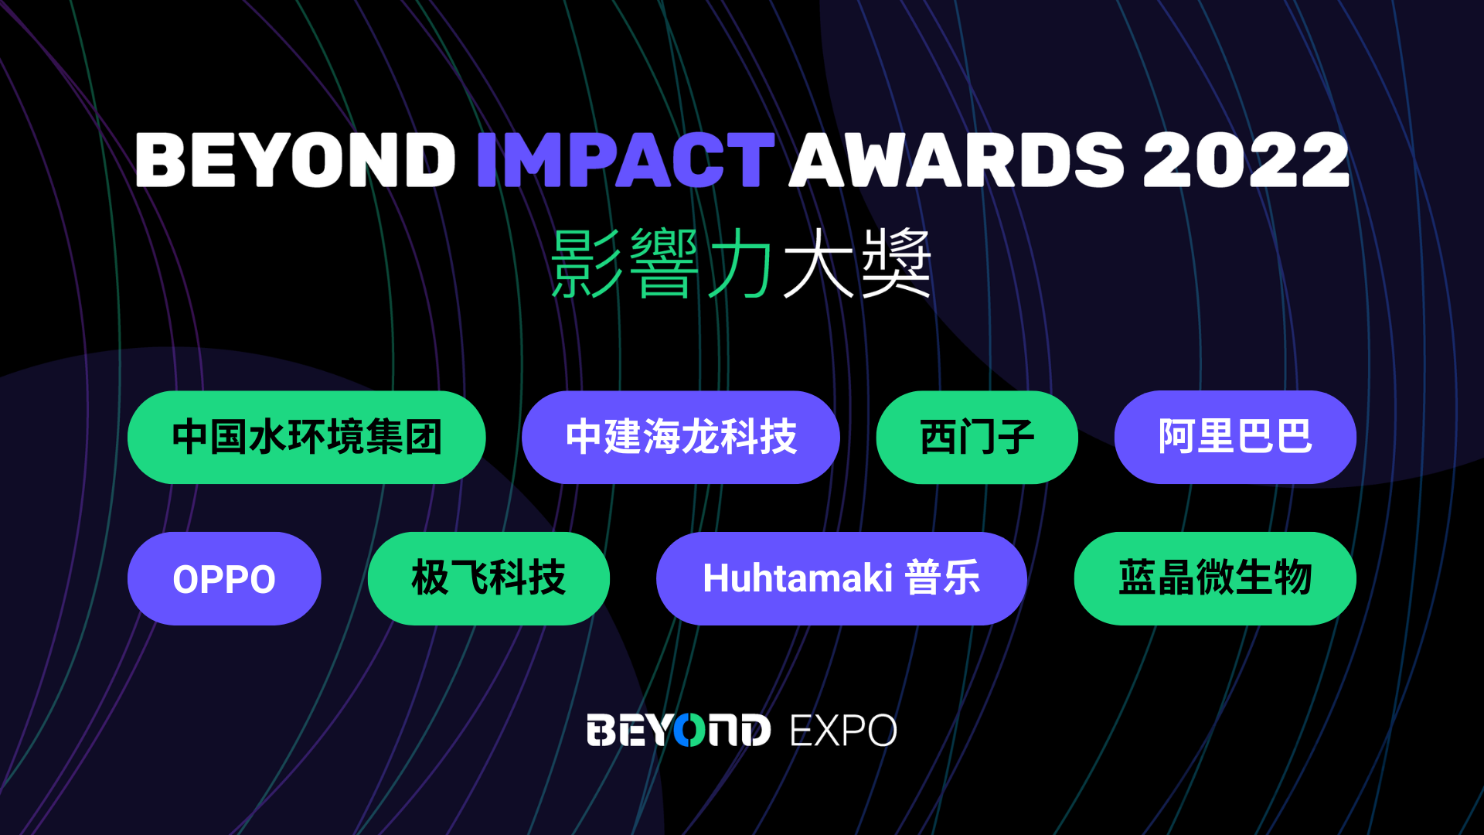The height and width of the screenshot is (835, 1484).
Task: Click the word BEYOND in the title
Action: click(x=295, y=160)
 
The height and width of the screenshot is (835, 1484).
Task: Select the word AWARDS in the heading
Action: click(x=956, y=160)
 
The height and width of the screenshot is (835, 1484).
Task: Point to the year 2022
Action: click(x=1246, y=160)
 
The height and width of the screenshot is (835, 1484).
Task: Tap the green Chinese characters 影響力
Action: click(x=661, y=264)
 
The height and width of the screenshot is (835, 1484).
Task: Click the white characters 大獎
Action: click(x=857, y=264)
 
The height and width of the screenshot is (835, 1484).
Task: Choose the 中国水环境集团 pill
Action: click(x=307, y=438)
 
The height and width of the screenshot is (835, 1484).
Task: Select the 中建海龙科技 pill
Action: click(x=681, y=438)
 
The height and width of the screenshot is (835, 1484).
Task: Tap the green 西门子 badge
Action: click(x=977, y=438)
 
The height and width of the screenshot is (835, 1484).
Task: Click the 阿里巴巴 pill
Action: click(x=1235, y=438)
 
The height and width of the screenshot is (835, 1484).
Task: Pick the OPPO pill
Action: click(x=224, y=578)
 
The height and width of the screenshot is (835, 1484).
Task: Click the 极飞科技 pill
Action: click(x=488, y=578)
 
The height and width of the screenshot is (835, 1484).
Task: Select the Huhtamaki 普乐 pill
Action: click(x=842, y=578)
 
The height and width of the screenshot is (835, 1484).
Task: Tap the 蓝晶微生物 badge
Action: click(x=1215, y=578)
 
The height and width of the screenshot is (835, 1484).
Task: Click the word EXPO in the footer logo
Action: click(x=843, y=731)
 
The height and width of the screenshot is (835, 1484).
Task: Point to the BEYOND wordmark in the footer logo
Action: click(x=679, y=731)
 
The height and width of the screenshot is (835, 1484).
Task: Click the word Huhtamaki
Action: click(x=798, y=578)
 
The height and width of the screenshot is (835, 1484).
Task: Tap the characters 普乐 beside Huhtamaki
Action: click(x=943, y=578)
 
